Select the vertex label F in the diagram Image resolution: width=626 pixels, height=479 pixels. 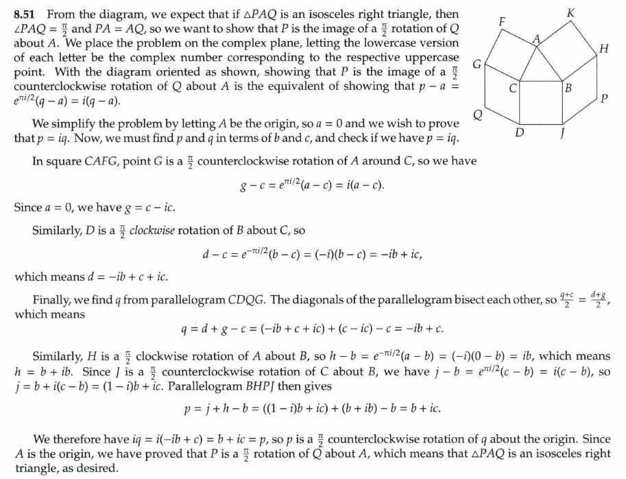[x=501, y=21]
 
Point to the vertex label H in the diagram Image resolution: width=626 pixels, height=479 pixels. [x=603, y=49]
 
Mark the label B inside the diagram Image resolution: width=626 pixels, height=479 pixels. [x=567, y=89]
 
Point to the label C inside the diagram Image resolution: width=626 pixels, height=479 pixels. [x=512, y=89]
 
